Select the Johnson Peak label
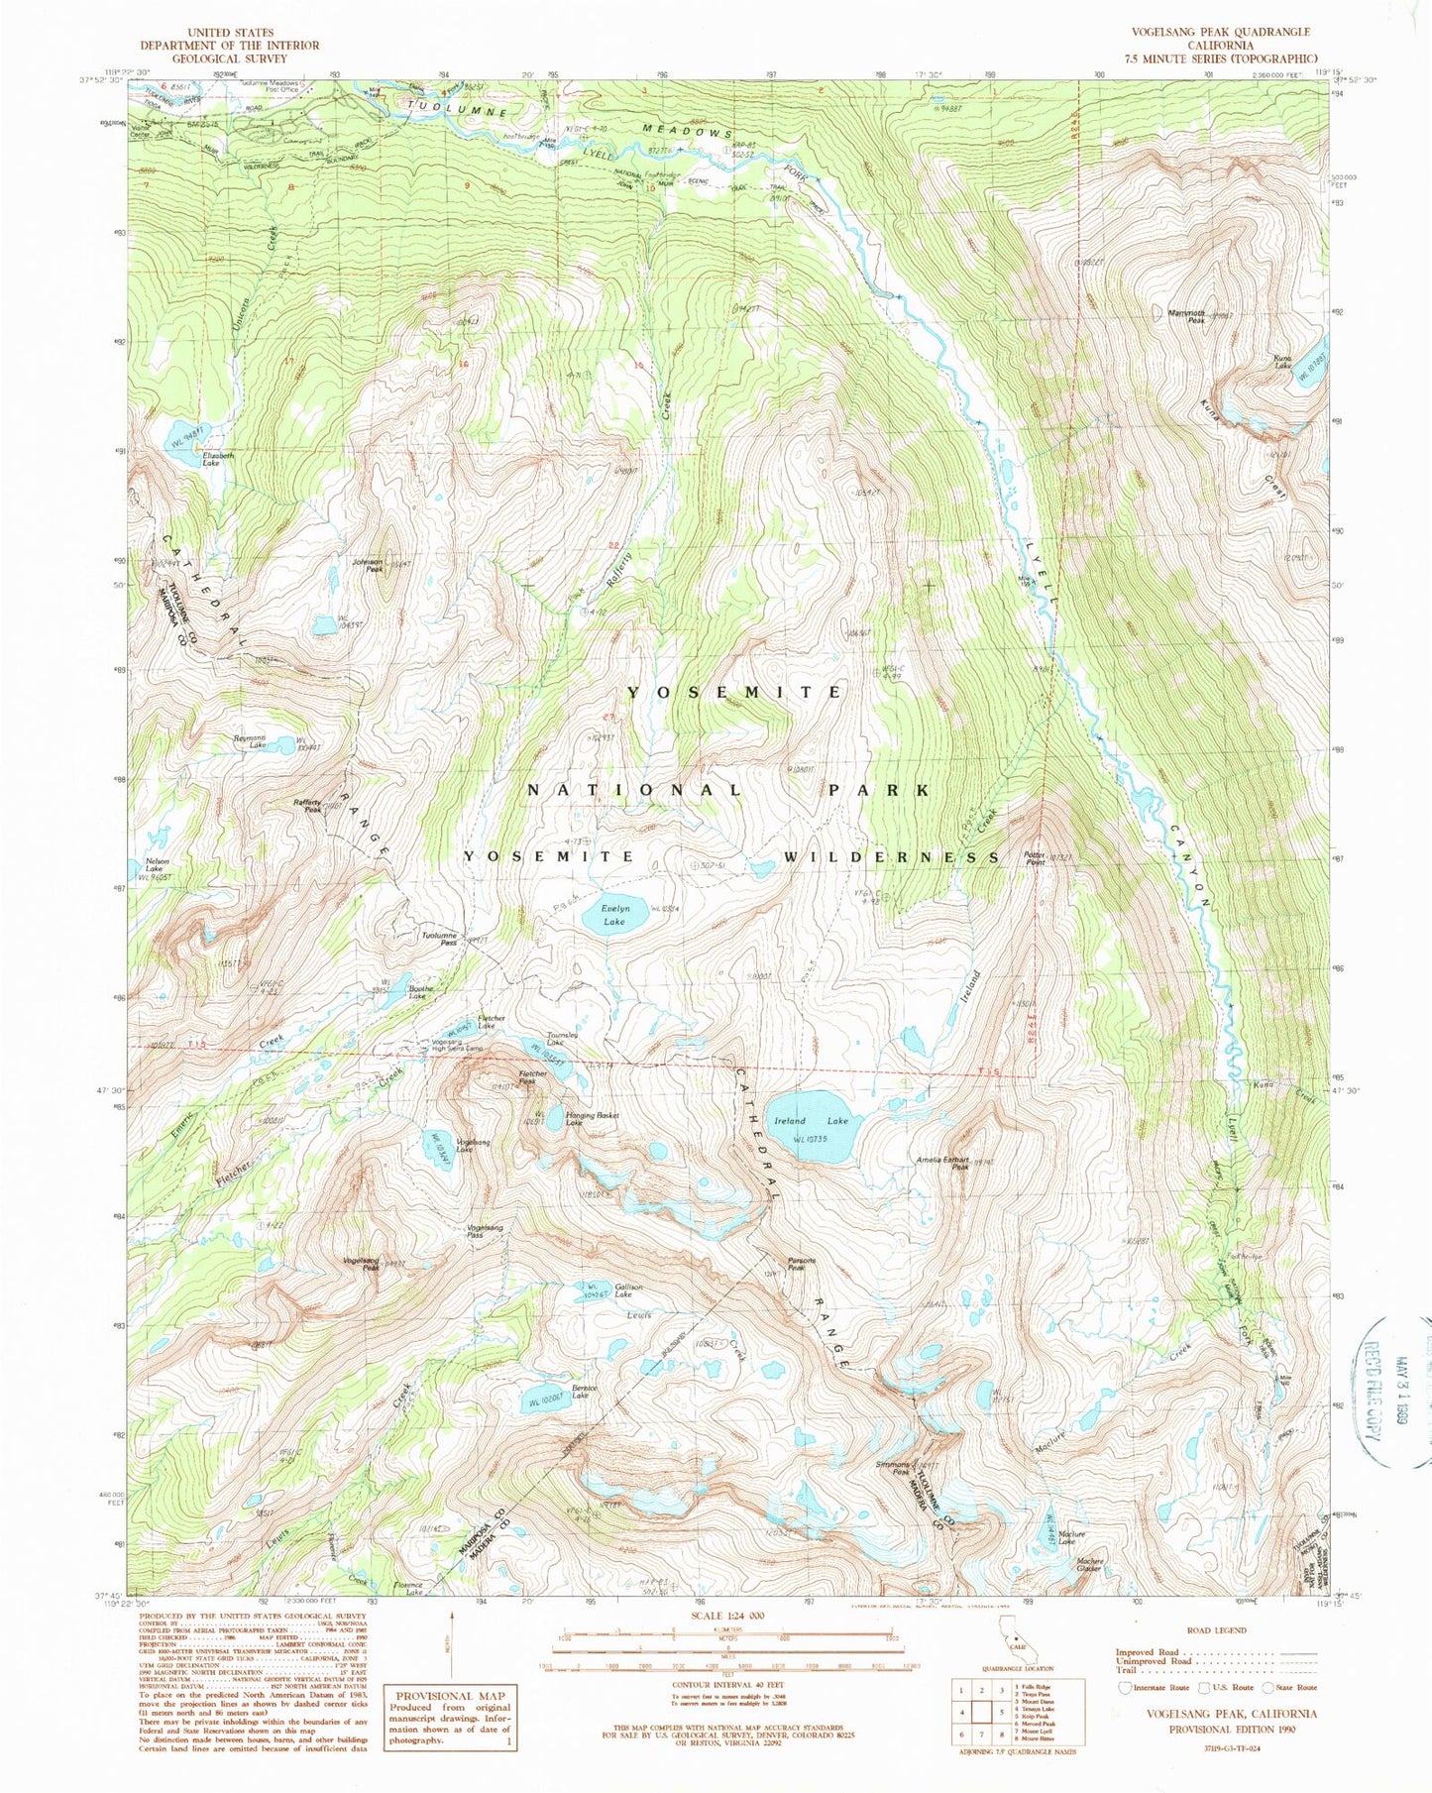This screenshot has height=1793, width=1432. click(x=367, y=565)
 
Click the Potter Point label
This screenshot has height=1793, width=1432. click(x=1035, y=858)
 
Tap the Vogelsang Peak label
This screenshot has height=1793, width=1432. click(x=361, y=1262)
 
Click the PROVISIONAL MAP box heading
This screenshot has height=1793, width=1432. click(x=451, y=1696)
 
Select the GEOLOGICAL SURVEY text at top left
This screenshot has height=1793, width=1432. click(x=229, y=58)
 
